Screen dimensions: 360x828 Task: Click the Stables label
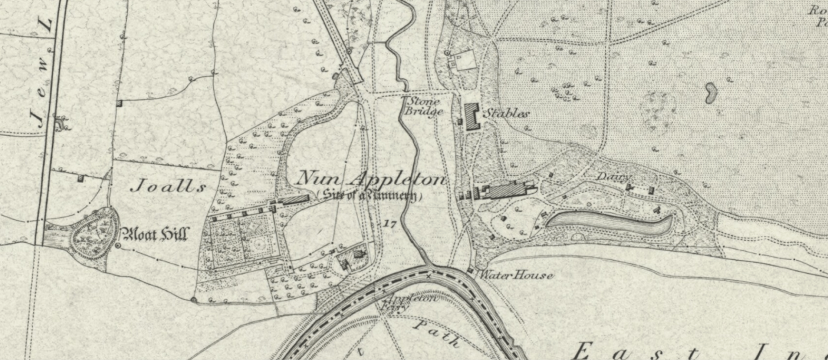pos(506,113)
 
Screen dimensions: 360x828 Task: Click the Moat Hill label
pos(154,234)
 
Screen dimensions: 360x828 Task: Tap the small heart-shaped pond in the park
pos(710,92)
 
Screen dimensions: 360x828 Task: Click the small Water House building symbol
pos(471,270)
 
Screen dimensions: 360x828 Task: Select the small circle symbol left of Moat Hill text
pos(117,245)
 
